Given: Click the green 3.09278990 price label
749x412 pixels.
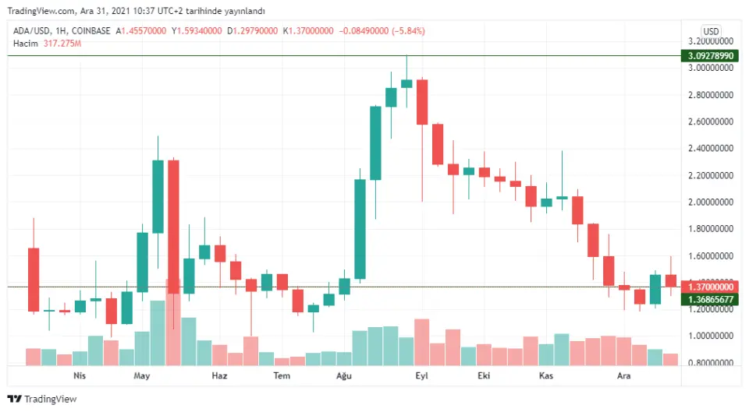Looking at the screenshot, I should coord(709,56).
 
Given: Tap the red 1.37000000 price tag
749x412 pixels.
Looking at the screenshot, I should coord(709,287).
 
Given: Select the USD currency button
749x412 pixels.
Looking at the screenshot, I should coord(711,31).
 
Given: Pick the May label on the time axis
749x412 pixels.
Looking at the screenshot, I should coord(141,375).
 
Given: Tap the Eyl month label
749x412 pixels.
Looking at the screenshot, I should coord(422,375).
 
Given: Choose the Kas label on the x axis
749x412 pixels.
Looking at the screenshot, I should coord(546,375).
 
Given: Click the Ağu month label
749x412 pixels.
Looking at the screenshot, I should coord(343,375).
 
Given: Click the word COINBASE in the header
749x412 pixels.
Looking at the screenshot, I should coord(92,31).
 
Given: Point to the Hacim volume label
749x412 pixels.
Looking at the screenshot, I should coord(26,44).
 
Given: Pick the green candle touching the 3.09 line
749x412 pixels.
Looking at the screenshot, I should coord(406,83).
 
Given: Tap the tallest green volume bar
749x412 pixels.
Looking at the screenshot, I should coord(158,333).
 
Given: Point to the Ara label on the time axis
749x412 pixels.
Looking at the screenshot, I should coord(624,375).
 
